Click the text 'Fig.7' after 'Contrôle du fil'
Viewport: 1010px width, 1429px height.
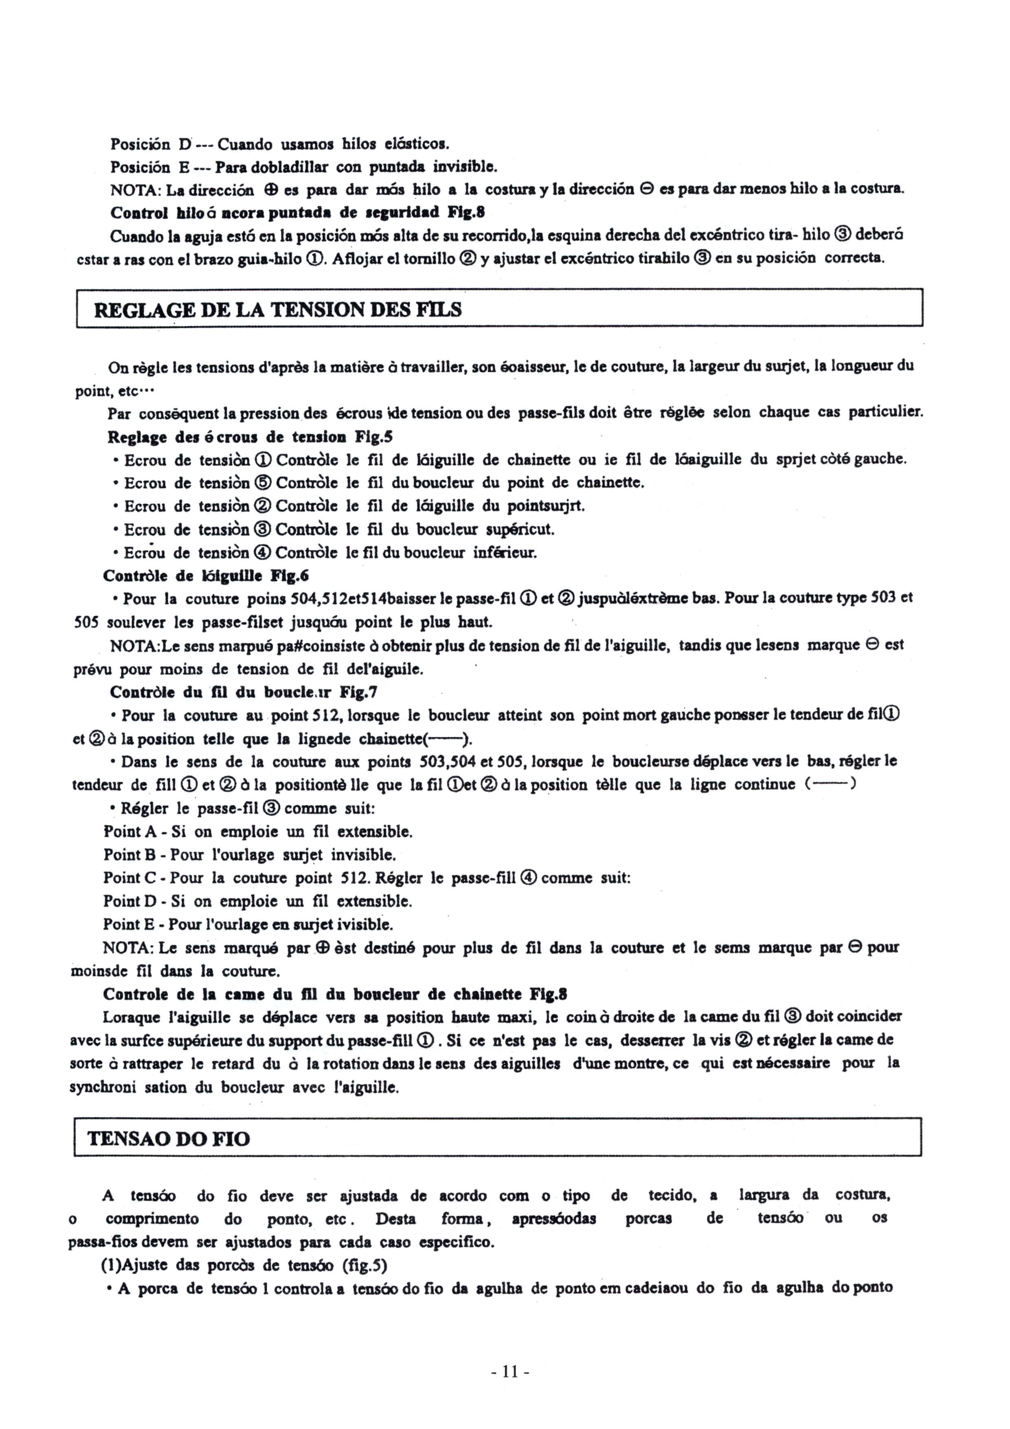click(x=358, y=692)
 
